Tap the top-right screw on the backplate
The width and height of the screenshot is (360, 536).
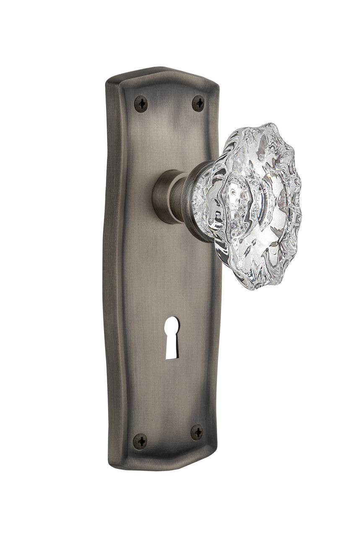[198, 102]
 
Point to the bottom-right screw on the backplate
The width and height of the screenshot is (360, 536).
[197, 432]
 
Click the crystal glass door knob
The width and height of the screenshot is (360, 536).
[251, 205]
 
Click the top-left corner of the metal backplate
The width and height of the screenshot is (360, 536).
[108, 80]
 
